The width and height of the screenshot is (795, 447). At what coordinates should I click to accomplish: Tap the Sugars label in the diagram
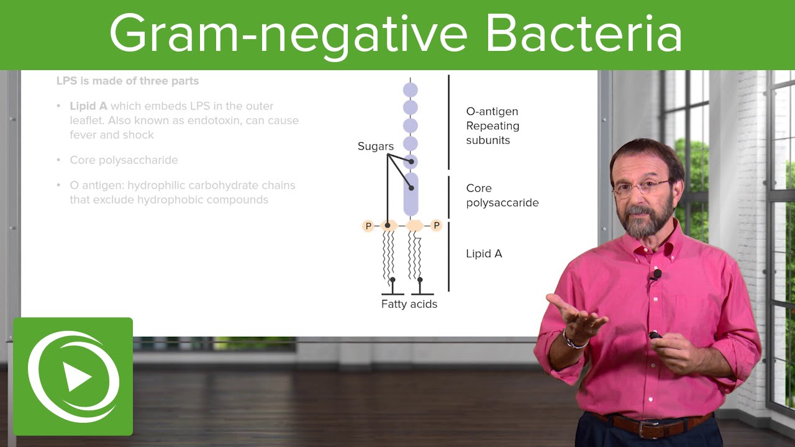click(x=376, y=147)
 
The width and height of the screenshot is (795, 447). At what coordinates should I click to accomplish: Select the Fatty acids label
click(x=409, y=304)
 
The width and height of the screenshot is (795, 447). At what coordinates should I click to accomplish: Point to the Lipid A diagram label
click(x=484, y=253)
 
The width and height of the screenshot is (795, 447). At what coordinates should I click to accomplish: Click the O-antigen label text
click(x=492, y=112)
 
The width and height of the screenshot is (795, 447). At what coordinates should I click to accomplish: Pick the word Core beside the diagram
click(x=479, y=188)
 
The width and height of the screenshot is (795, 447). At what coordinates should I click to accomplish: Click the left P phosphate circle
click(x=368, y=226)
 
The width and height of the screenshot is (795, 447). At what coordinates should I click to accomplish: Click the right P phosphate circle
click(x=436, y=226)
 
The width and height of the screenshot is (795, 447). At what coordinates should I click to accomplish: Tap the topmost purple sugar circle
click(x=411, y=89)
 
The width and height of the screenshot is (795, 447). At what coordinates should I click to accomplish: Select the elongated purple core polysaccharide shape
click(x=411, y=194)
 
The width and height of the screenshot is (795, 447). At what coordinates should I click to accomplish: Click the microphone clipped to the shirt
click(x=657, y=274)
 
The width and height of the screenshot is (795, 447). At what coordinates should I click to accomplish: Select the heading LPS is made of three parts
click(x=127, y=81)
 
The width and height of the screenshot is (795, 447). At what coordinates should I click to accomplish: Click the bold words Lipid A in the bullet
click(x=88, y=106)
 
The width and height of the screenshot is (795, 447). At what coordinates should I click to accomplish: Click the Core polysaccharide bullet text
click(x=124, y=160)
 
